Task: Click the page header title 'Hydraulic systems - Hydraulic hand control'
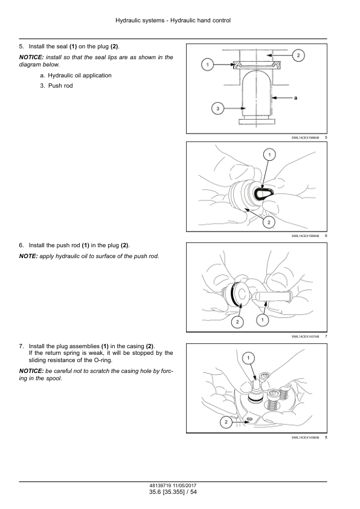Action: [x=173, y=21]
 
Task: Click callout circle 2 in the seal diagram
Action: [x=298, y=55]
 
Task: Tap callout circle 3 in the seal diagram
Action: [x=217, y=108]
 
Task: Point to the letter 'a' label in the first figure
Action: [x=295, y=97]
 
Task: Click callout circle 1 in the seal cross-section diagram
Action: [x=207, y=65]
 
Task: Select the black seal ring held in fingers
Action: [x=264, y=194]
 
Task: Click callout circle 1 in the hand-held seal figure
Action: [x=269, y=154]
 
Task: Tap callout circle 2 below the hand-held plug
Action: [x=269, y=222]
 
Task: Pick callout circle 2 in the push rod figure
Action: [x=237, y=322]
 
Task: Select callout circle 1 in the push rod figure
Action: [x=262, y=320]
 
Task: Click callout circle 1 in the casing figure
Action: [x=248, y=358]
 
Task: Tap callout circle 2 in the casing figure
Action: [x=226, y=422]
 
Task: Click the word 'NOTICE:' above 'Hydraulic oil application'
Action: [x=31, y=57]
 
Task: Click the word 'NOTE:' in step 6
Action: [x=28, y=256]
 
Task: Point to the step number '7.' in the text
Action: [x=21, y=346]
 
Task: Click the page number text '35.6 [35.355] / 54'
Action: [x=173, y=492]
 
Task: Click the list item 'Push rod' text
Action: [x=60, y=86]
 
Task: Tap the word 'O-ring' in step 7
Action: [x=103, y=360]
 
